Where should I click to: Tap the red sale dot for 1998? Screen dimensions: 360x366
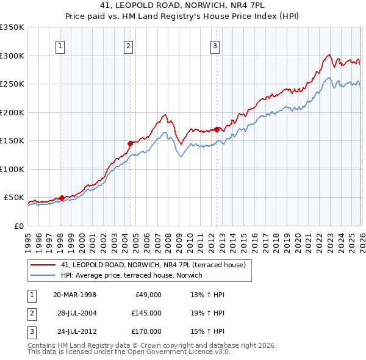tap(62, 198)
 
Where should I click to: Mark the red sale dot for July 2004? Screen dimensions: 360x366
tap(130, 143)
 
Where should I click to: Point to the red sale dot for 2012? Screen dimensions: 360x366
tap(217, 129)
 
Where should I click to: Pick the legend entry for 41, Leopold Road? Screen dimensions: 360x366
tap(152, 265)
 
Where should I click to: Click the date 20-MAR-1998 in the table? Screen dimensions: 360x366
tap(74, 295)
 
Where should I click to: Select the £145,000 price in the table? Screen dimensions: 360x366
tap(146, 313)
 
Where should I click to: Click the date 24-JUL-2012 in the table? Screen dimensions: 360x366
tap(74, 331)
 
